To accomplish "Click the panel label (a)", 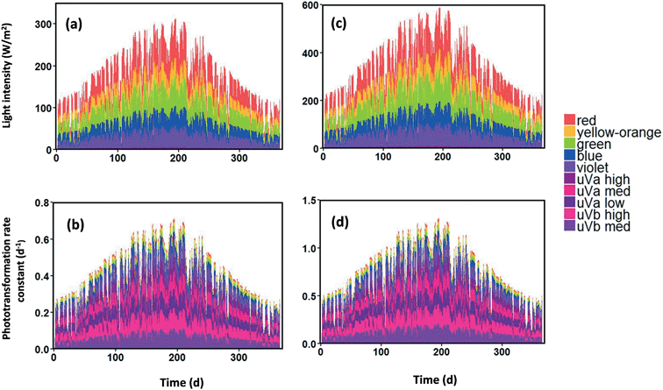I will (74, 25).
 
